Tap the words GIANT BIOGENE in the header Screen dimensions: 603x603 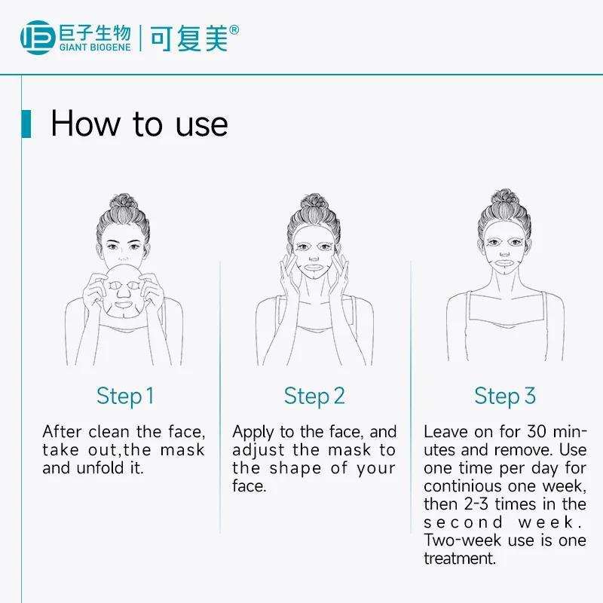point(95,47)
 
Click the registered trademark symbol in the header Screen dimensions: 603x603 point(234,30)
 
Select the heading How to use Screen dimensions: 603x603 point(139,124)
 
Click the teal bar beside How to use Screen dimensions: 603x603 point(26,124)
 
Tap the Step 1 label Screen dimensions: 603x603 point(125,396)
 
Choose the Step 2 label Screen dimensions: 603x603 point(314,396)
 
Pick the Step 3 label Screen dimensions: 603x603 point(505,396)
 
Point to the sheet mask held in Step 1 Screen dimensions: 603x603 point(124,290)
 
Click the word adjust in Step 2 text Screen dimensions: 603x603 point(259,451)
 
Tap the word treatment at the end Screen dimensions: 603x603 point(460,559)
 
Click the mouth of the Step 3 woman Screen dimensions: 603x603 point(504,263)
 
